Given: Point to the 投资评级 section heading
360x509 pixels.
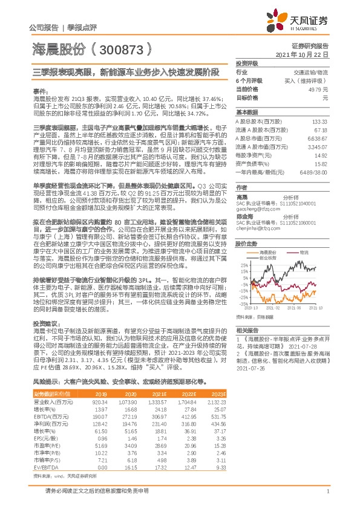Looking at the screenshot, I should coord(246,63).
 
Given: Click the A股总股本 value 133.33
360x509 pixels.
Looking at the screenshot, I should coord(321,122).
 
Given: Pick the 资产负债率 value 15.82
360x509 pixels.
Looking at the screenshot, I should coord(322,163).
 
